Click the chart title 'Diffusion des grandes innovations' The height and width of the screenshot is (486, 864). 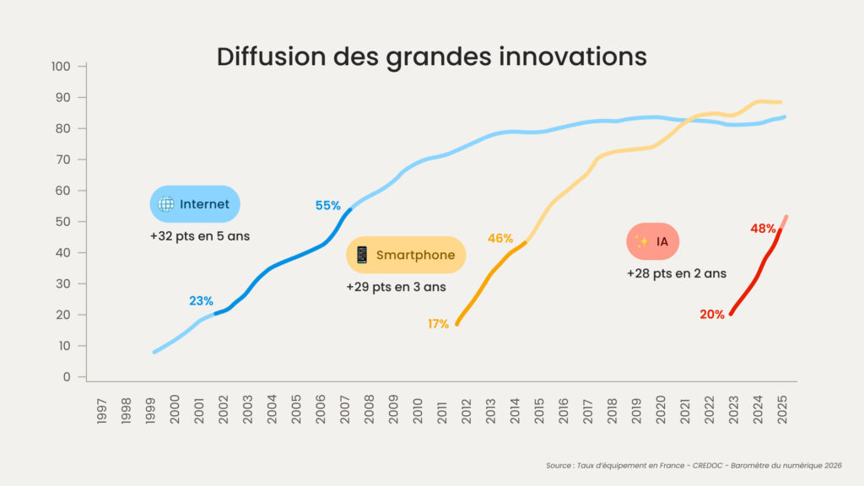[431, 57]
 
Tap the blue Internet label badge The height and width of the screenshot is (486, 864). [195, 204]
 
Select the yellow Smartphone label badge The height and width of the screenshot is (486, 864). [406, 255]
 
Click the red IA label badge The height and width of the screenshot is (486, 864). [653, 242]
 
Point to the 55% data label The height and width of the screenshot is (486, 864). [328, 205]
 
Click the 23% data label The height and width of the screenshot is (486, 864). [201, 300]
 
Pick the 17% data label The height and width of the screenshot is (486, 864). [438, 324]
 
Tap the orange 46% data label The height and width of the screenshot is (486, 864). [500, 238]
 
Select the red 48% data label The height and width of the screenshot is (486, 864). [763, 228]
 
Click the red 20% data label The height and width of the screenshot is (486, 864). [712, 315]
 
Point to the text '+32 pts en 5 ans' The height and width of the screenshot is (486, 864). [200, 236]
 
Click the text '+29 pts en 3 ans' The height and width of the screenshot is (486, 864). [396, 287]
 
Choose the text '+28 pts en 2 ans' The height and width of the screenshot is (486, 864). [677, 273]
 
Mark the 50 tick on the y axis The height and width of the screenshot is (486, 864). [67, 222]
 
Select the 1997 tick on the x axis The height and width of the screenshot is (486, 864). [102, 408]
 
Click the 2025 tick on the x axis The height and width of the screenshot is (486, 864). [782, 408]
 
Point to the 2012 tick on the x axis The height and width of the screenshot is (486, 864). [467, 408]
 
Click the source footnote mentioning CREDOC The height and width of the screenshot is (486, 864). [693, 465]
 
